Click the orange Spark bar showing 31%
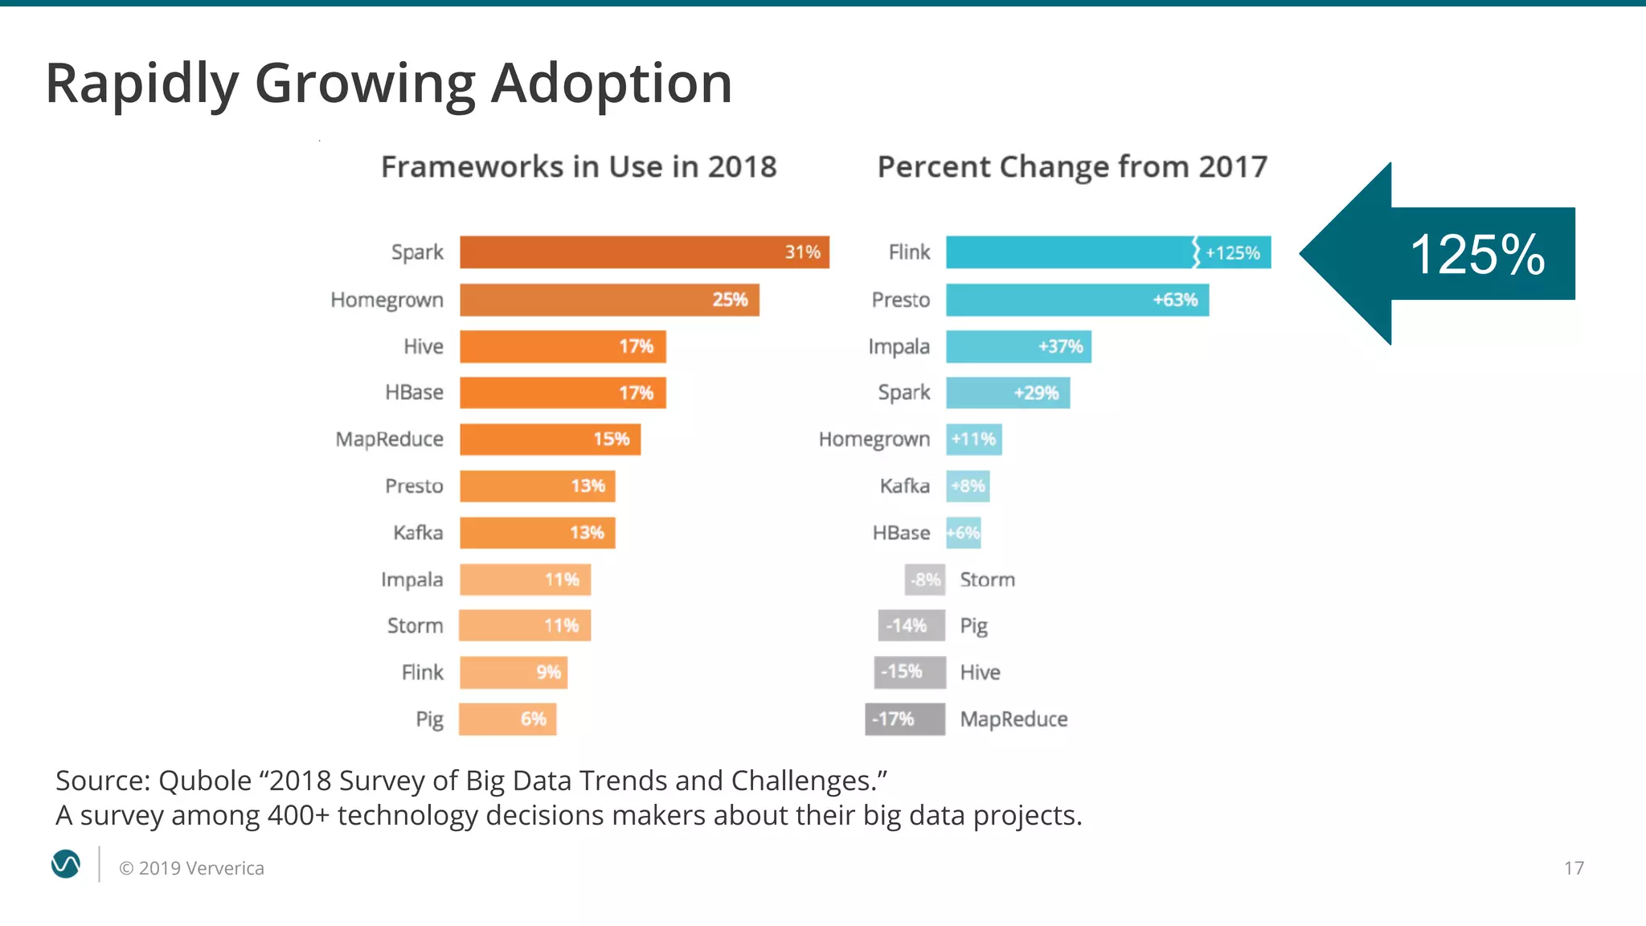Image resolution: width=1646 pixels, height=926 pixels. point(643,252)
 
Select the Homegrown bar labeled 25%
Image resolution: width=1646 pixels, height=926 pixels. point(608,300)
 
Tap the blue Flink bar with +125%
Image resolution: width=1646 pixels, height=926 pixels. point(1107,252)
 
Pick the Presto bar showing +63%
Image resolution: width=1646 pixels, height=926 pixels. point(1076,300)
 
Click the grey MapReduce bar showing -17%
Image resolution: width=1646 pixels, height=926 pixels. point(904,719)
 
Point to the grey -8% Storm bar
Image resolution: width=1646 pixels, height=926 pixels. point(924,580)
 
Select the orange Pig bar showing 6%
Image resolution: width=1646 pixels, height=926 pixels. point(507,719)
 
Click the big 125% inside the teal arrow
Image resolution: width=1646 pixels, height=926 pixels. point(1477,255)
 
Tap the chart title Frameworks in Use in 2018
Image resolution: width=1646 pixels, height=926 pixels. point(579,167)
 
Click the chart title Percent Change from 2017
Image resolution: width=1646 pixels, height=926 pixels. point(1072,167)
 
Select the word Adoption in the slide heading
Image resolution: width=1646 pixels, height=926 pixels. point(611,83)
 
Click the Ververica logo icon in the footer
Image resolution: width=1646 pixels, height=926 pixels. point(66,865)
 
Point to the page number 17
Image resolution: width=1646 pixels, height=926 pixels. point(1574,868)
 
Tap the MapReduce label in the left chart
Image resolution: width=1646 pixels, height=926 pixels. point(389,440)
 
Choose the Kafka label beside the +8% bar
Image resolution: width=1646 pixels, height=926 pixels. point(904,486)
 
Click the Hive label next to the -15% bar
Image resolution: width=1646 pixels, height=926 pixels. point(980,673)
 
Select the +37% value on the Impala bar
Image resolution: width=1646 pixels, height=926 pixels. point(1060,346)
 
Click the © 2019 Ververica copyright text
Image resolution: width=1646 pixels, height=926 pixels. point(191,868)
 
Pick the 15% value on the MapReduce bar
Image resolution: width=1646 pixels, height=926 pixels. point(611,440)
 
